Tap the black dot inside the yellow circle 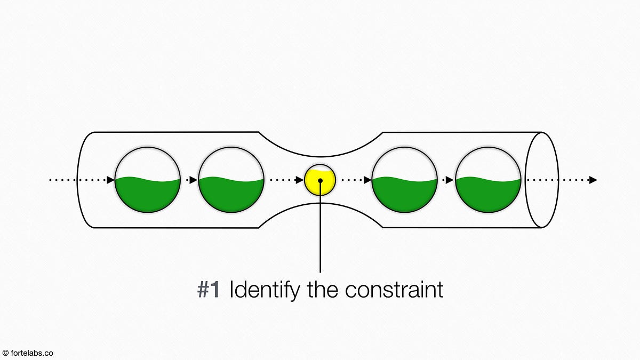320,180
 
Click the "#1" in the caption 209,290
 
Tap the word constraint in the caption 394,290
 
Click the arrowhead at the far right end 593,180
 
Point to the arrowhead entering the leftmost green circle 111,180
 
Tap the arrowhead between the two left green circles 194,180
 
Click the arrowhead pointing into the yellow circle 300,180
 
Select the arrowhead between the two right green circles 450,180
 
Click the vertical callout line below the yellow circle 320,235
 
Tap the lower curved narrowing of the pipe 320,205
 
